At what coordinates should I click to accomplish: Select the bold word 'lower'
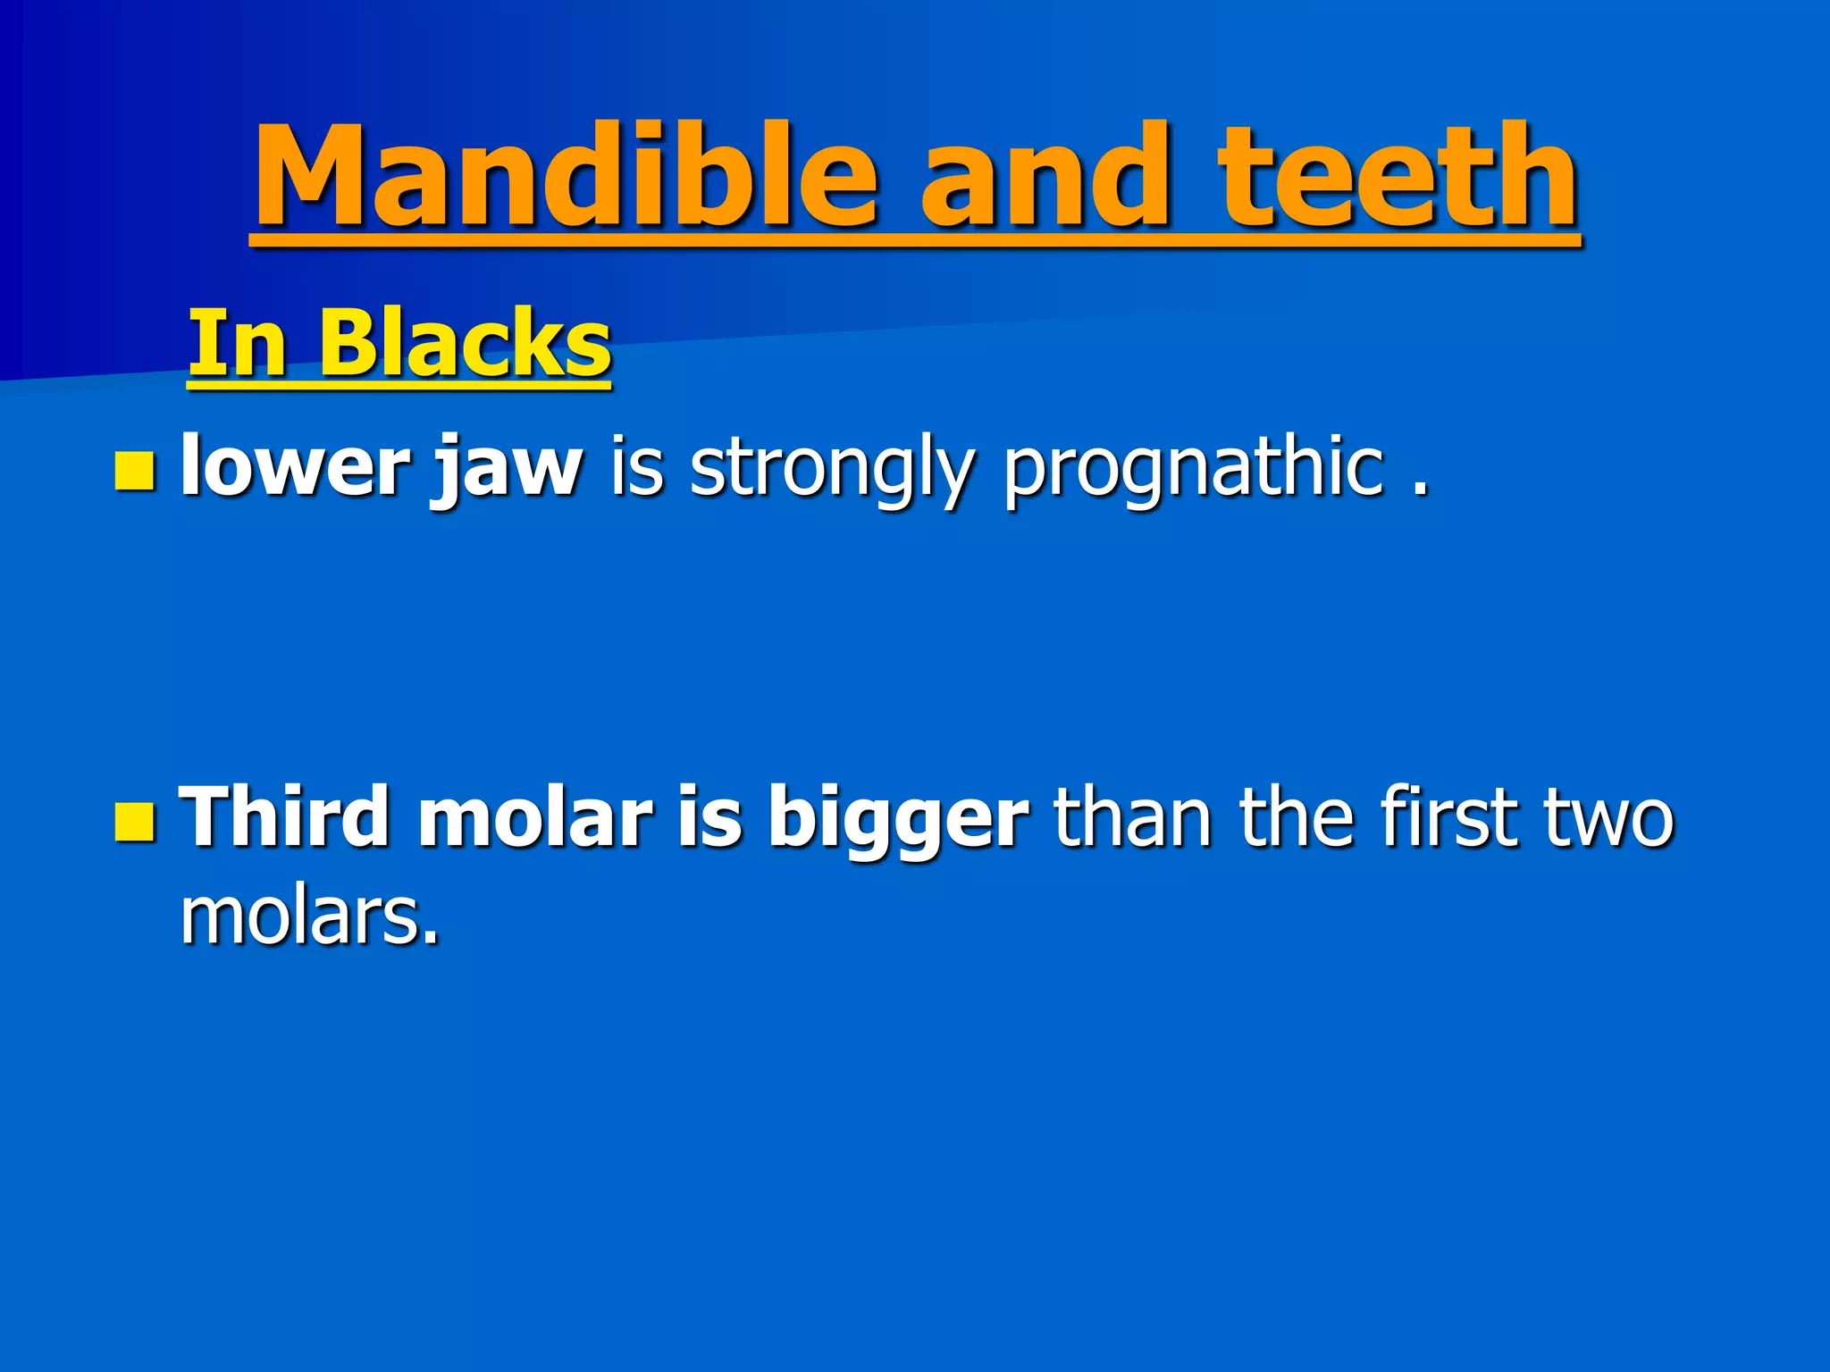point(294,466)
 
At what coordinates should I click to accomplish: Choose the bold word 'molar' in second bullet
point(535,816)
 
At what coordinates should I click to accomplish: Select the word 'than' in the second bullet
point(1132,816)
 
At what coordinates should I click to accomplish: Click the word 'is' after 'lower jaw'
point(637,466)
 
